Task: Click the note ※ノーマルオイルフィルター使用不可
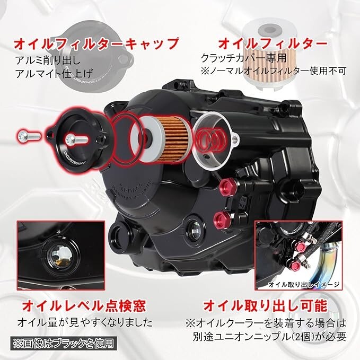[273, 70]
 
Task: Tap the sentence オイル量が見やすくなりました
[85, 322]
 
